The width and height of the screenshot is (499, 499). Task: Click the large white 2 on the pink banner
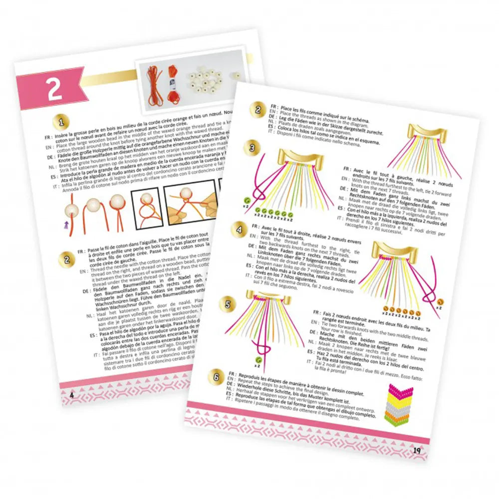click(54, 88)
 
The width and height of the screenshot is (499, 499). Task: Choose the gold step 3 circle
click(253, 148)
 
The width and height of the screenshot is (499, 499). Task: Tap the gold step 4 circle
click(241, 231)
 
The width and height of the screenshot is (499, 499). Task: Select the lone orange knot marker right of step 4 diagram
click(441, 302)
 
